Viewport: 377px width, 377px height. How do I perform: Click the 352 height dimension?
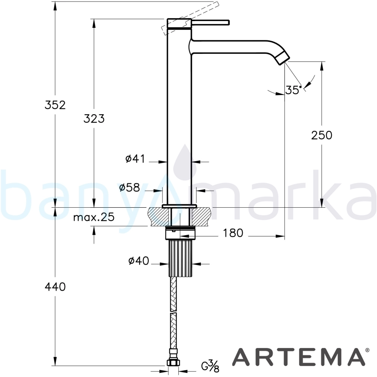click(x=55, y=105)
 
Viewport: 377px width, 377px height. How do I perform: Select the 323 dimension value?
click(x=94, y=118)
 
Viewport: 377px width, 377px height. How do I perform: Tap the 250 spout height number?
click(x=322, y=135)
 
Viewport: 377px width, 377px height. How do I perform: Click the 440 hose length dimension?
click(x=55, y=287)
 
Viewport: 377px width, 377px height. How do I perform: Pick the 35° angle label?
click(x=294, y=90)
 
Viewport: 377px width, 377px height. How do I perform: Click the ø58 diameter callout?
click(x=129, y=187)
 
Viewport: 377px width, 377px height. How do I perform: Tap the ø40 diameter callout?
click(x=139, y=261)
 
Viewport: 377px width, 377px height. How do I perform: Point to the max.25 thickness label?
click(x=94, y=217)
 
